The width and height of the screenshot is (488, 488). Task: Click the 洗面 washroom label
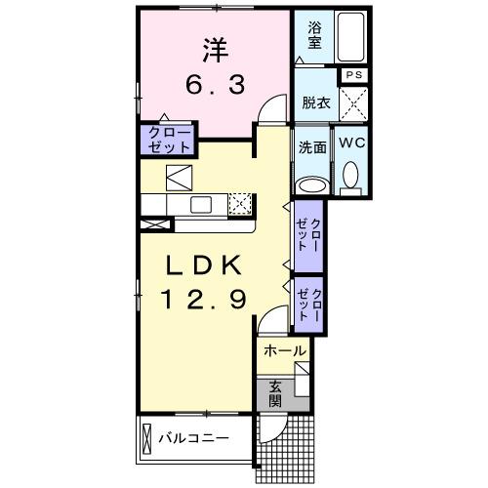(312, 147)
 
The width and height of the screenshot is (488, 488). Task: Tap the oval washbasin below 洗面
(312, 184)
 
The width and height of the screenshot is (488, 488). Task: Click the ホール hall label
(284, 350)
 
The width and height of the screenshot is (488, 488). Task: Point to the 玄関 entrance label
(276, 392)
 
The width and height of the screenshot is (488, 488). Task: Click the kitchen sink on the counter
(201, 204)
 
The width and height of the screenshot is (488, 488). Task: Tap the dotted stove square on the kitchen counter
(240, 203)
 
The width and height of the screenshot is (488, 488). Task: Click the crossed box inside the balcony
(148, 438)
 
